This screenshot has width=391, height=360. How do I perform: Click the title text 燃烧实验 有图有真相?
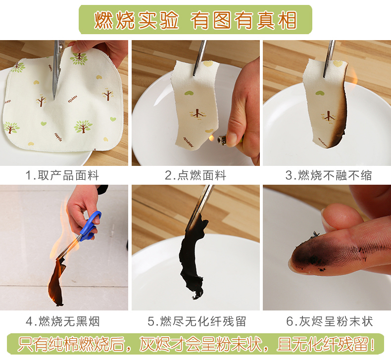195,20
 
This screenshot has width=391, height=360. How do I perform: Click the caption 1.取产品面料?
62,175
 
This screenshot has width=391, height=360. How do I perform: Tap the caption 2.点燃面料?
195,175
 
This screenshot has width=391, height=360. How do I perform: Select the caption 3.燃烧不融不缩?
329,175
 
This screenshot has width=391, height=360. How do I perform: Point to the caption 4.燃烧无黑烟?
63,321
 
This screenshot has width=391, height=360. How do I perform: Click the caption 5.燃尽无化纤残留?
197,321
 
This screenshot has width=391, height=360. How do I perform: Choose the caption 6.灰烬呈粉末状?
330,321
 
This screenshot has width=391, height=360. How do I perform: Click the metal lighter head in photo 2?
222,140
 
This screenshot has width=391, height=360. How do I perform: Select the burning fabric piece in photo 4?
57,282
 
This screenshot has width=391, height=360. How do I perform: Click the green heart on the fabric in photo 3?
320,93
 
